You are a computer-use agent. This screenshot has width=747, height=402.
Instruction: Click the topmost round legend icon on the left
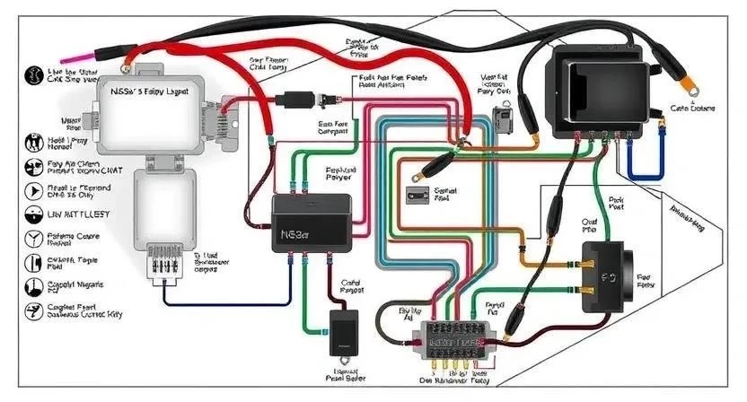(32, 74)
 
